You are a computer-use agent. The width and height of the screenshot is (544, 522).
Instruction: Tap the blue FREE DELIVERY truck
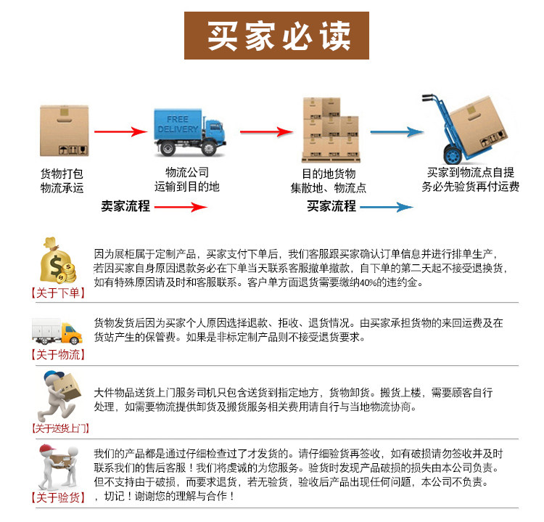tap(188, 130)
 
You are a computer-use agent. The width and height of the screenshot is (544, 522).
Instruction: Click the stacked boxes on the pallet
tap(331, 129)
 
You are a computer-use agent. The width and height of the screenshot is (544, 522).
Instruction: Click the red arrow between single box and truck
tap(120, 132)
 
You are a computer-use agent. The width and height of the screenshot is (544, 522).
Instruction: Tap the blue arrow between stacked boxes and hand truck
tap(396, 132)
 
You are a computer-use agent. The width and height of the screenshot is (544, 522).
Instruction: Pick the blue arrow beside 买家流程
tap(387, 207)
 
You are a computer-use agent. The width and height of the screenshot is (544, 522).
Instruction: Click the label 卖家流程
tap(125, 206)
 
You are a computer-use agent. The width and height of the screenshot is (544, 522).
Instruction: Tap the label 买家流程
tap(331, 206)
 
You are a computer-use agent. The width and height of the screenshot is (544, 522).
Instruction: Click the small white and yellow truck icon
tap(57, 333)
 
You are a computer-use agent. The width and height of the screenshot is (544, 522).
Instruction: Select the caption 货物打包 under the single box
tap(62, 174)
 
